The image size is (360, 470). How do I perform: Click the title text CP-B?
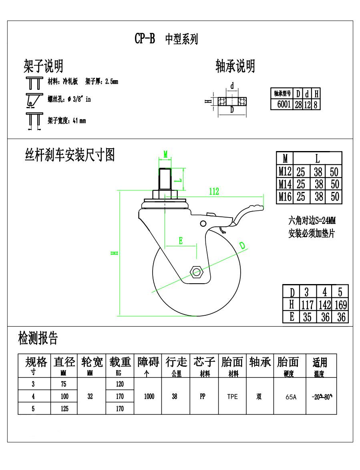pyautogui.click(x=144, y=39)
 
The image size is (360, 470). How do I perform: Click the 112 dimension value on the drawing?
pyautogui.click(x=214, y=192)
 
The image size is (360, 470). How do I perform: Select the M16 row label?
pyautogui.click(x=285, y=196)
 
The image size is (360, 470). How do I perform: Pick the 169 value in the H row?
pyautogui.click(x=340, y=305)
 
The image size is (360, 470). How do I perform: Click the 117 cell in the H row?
pyautogui.click(x=307, y=305)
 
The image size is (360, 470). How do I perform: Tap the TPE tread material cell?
pyautogui.click(x=232, y=397)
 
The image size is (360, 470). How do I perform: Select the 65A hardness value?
pyautogui.click(x=291, y=397)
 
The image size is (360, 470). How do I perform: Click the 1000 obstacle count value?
pyautogui.click(x=149, y=397)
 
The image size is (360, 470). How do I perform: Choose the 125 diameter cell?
pyautogui.click(x=64, y=409)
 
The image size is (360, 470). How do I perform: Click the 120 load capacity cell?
pyautogui.click(x=120, y=384)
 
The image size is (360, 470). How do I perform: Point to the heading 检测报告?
pyautogui.click(x=38, y=339)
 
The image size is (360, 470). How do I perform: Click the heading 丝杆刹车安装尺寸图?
pyautogui.click(x=70, y=155)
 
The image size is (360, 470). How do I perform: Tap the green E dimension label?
pyautogui.click(x=181, y=240)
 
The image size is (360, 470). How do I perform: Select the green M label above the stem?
pyautogui.click(x=165, y=153)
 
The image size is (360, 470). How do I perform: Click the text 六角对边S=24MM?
pyautogui.click(x=312, y=220)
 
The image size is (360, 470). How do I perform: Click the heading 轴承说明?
pyautogui.click(x=235, y=66)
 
